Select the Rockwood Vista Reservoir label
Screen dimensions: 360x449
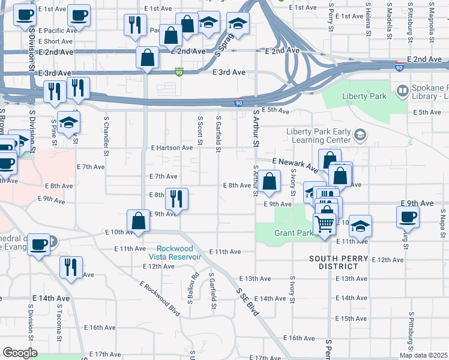179,253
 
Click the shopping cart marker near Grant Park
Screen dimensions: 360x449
325,224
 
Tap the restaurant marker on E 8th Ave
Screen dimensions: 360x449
176,198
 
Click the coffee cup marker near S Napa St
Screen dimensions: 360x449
408,216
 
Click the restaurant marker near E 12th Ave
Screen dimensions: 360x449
71,268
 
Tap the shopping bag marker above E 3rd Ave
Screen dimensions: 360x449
148,58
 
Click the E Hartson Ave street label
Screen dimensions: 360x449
172,147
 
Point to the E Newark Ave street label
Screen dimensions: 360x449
294,164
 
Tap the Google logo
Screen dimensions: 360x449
19,353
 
